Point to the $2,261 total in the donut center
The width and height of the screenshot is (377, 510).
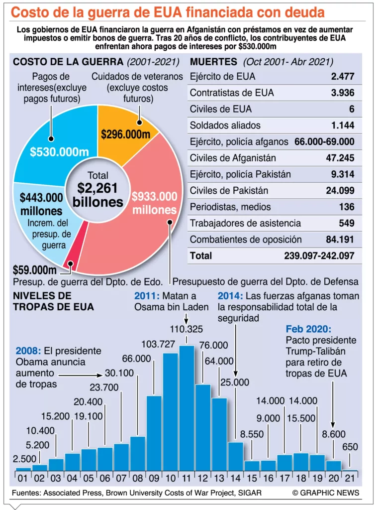pyautogui.click(x=97, y=189)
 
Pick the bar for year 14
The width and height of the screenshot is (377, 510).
pyautogui.click(x=235, y=455)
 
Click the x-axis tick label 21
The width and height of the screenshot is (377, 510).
pyautogui.click(x=350, y=479)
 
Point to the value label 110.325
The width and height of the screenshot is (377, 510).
pyautogui.click(x=187, y=329)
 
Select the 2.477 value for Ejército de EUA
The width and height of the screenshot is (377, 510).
pyautogui.click(x=342, y=76)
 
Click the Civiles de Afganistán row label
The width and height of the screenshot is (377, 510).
pyautogui.click(x=229, y=158)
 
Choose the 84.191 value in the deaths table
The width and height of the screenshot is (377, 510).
pyautogui.click(x=340, y=239)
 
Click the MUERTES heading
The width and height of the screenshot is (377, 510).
pyautogui.click(x=214, y=62)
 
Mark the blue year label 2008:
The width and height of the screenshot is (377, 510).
pyautogui.click(x=27, y=351)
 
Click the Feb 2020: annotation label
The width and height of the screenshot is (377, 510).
pyautogui.click(x=308, y=329)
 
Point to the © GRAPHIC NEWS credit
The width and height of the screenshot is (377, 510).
pyautogui.click(x=325, y=493)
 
